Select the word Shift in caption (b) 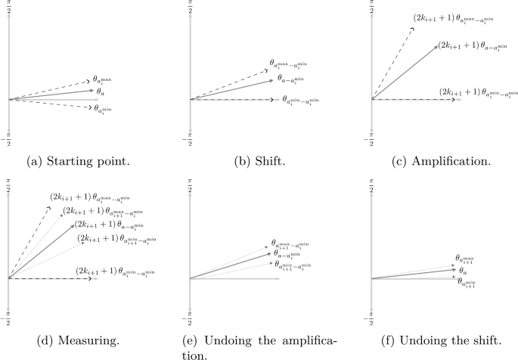pyautogui.click(x=262, y=161)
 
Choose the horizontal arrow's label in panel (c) pyautogui.click(x=470, y=92)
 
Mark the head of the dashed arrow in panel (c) pyautogui.click(x=414, y=24)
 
